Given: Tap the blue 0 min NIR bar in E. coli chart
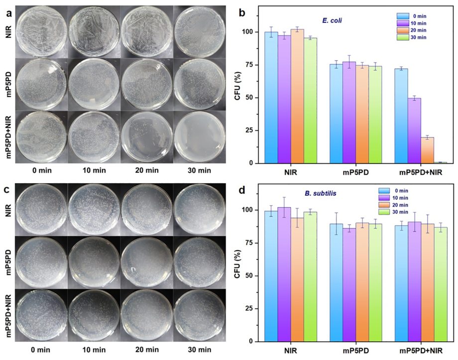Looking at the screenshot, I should click(x=271, y=97).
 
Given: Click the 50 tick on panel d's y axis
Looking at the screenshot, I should click(x=254, y=275).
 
